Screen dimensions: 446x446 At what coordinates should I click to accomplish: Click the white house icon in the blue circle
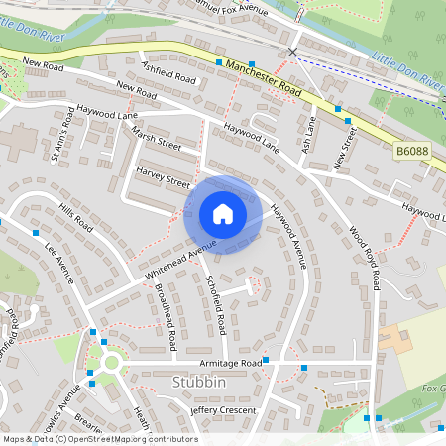[223, 214]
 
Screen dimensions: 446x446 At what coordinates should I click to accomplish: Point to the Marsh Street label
[157, 145]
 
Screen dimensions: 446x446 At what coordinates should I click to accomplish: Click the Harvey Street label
[164, 182]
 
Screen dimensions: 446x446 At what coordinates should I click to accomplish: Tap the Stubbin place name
[198, 382]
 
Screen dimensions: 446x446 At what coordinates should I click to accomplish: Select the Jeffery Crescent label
[223, 410]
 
